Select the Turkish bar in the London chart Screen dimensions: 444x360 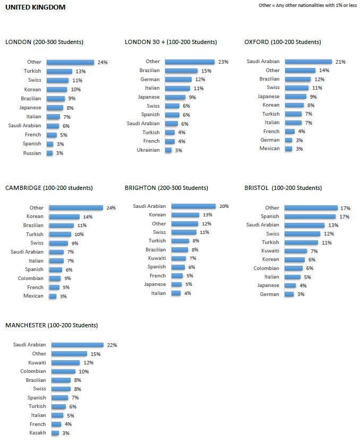pos(59,71)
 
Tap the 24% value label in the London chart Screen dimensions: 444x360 pos(102,62)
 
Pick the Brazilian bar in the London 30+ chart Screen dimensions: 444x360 pos(181,71)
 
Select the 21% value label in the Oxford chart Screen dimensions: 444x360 pos(340,62)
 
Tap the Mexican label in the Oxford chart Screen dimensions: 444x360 pos(269,149)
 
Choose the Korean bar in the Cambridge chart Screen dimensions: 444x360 pos(64,216)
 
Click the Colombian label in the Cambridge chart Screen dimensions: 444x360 pos(30,278)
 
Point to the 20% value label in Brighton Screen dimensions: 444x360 pos(224,206)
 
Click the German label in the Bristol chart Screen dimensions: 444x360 pos(269,294)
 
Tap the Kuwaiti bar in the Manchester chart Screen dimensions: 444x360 pos(65,362)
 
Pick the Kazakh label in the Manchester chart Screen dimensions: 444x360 pos(37,433)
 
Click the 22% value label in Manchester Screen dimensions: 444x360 pos(112,345)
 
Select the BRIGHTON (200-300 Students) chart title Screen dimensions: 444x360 pos(166,188)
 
